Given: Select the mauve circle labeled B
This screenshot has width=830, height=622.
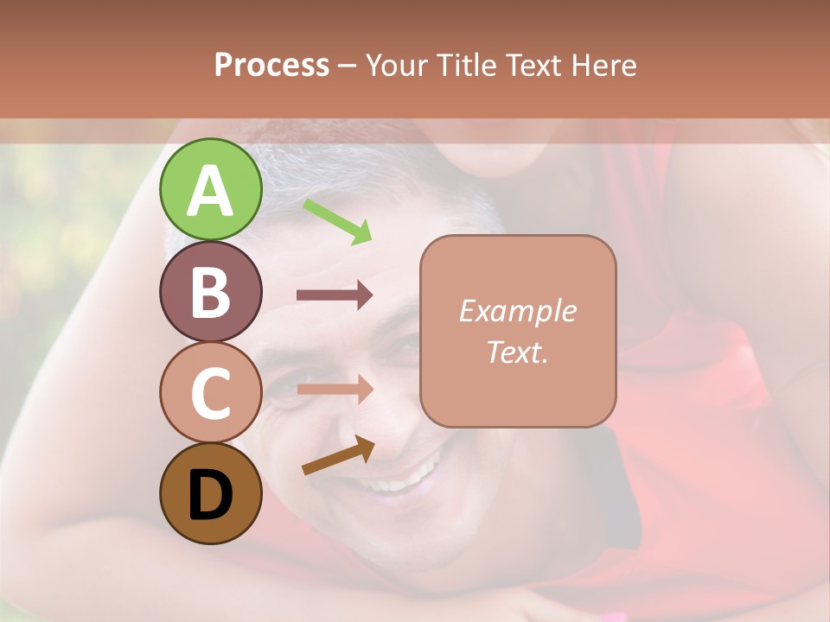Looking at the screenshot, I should point(210,291).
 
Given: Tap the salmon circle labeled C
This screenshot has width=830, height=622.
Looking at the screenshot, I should point(210,393).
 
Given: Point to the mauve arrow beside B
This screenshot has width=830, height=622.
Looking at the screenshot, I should point(335,295).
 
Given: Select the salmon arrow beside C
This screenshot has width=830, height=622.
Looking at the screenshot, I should point(335,390).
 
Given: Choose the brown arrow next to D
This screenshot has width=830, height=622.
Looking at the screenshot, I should point(338,455).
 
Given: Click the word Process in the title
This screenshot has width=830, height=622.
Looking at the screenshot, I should point(271,66).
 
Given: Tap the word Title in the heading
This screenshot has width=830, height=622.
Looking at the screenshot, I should point(465,66).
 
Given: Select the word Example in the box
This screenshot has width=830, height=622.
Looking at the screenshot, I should point(517,311).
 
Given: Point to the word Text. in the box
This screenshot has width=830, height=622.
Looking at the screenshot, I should point(517,352).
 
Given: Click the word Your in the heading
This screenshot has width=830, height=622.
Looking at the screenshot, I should point(398,66).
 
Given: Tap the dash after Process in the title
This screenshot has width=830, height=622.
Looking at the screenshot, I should point(348,66).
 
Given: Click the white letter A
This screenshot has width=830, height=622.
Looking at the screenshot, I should point(210,191).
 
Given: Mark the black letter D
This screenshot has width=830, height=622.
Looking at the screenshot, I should point(210,495).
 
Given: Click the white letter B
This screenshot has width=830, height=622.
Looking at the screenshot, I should point(210,291).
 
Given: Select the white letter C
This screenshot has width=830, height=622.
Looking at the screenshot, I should point(210,393).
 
